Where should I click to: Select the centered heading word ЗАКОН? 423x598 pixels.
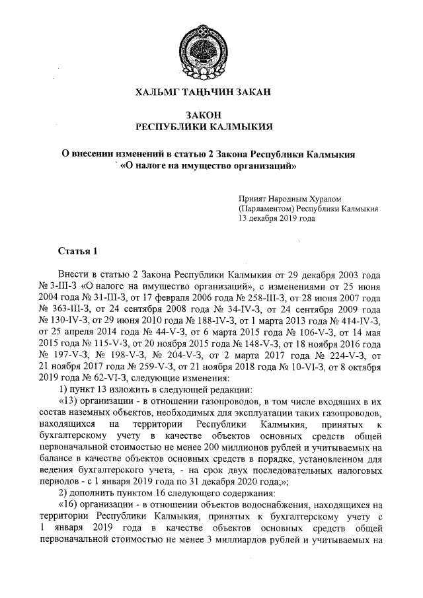(x=212, y=114)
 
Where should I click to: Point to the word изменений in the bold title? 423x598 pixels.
(x=135, y=153)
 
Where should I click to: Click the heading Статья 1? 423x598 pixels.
(x=77, y=251)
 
